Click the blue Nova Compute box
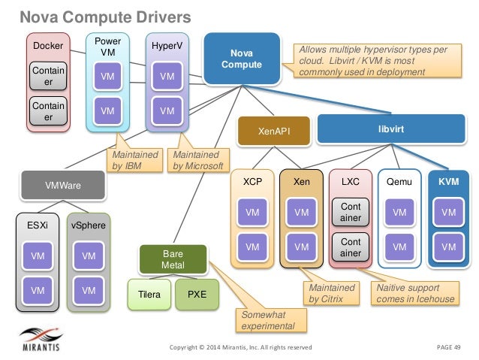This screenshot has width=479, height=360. click(x=242, y=59)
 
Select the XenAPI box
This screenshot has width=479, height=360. click(x=274, y=131)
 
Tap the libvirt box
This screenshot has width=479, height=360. click(x=391, y=129)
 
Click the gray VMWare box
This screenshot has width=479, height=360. click(x=63, y=185)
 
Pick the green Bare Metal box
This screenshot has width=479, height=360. click(x=173, y=259)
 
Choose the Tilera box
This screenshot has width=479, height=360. click(x=149, y=295)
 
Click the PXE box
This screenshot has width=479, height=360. click(x=197, y=295)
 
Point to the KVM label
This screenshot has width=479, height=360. click(x=448, y=182)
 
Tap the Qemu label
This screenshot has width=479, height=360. click(x=399, y=182)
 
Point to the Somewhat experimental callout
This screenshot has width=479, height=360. click(x=271, y=320)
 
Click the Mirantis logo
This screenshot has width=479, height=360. click(x=41, y=339)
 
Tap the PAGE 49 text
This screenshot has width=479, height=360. click(x=448, y=347)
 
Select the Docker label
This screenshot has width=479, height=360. click(x=48, y=46)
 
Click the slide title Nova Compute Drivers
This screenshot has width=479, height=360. click(x=105, y=17)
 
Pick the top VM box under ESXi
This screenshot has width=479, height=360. click(x=38, y=256)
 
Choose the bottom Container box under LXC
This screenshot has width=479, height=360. click(x=351, y=247)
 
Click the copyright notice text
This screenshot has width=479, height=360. click(x=241, y=347)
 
